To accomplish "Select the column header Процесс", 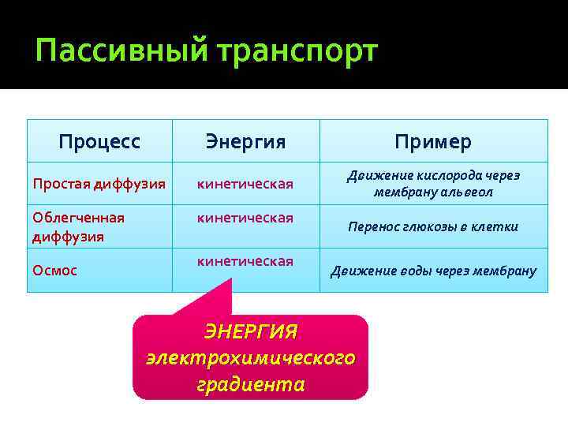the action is pos(99,141).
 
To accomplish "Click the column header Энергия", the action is pos(245,141).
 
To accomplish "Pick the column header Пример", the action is pos(433,141).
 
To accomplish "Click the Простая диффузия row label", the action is pos(99,184).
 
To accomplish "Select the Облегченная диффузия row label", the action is pos(78,226).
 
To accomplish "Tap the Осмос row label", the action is pos(54,270).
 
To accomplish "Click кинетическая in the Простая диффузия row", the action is pos(245,184).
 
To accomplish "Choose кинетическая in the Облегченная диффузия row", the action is pos(245,217).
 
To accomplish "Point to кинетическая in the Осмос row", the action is pos(245,260).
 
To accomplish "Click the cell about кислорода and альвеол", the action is pos(433,184).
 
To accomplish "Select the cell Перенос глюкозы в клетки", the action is pos(433,226).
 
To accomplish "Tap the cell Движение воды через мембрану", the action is pos(433,271).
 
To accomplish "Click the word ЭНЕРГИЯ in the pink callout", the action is pos(251,330).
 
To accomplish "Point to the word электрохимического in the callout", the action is pos(251,357).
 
